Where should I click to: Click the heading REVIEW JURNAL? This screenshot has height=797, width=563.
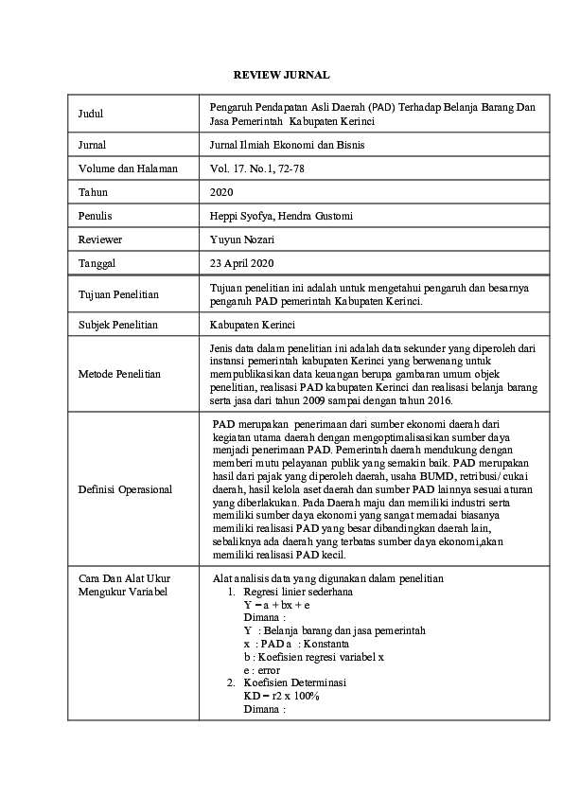pos(281,74)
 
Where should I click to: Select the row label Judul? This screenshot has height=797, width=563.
pos(91,115)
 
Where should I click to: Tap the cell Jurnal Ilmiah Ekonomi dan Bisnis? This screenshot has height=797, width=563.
pos(287,145)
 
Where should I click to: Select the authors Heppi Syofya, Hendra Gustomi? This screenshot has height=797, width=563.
pos(281,216)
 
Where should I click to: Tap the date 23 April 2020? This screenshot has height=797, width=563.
pos(242,263)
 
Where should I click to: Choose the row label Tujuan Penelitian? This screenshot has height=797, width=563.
pos(118,294)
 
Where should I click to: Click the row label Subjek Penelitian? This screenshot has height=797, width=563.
pos(117,325)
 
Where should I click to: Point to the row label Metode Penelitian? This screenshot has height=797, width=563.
pos(119,374)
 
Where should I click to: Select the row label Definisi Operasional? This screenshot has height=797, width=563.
pos(125,489)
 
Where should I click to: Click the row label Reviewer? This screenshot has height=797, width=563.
pos(100,239)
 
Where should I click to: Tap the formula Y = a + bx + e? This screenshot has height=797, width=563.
pos(277,603)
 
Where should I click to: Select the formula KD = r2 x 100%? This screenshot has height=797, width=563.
pos(281,696)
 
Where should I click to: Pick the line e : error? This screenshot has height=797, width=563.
pos(261,669)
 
